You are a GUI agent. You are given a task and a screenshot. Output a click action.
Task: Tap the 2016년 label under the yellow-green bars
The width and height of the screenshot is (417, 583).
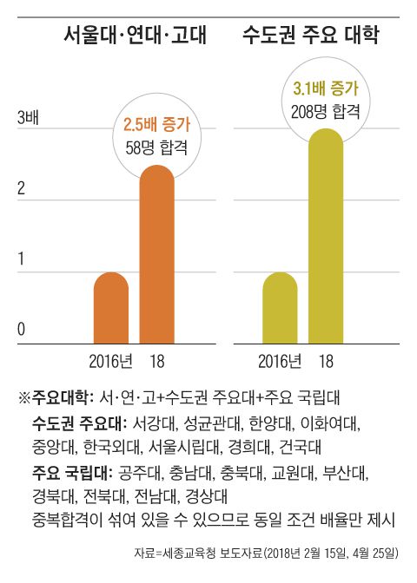(x=280, y=361)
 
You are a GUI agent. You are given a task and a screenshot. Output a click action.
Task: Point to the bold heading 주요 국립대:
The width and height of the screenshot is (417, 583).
(x=74, y=474)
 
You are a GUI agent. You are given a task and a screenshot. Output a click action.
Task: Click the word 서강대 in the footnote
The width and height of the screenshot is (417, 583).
(x=153, y=425)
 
